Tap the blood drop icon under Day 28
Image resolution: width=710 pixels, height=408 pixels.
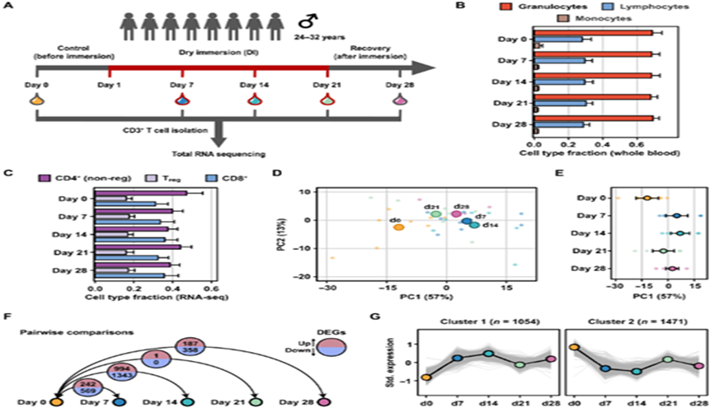401,100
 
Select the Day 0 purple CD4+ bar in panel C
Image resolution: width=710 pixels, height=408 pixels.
139,194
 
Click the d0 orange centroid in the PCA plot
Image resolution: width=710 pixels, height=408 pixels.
398,226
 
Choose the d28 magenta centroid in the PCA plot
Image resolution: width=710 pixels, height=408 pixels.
456,214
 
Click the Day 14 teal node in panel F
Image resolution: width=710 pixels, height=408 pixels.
188,401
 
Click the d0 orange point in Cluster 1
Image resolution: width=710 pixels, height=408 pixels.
426,378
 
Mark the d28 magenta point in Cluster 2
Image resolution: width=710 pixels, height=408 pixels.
698,366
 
